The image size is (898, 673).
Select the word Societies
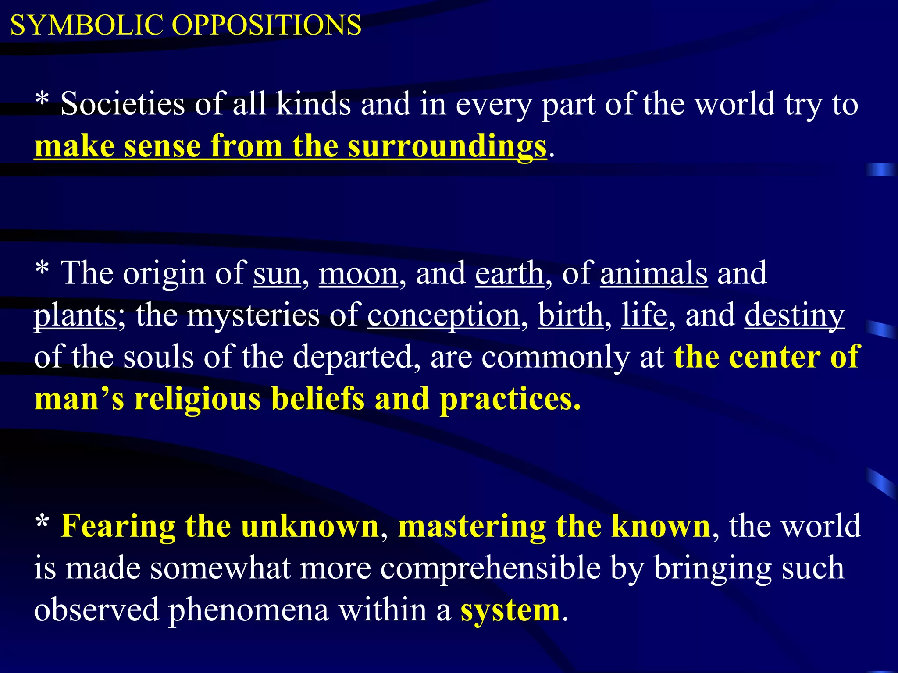click(x=123, y=104)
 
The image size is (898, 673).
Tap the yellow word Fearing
click(x=118, y=526)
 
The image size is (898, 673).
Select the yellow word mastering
click(x=472, y=526)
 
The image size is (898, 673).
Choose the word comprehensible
click(x=491, y=568)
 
